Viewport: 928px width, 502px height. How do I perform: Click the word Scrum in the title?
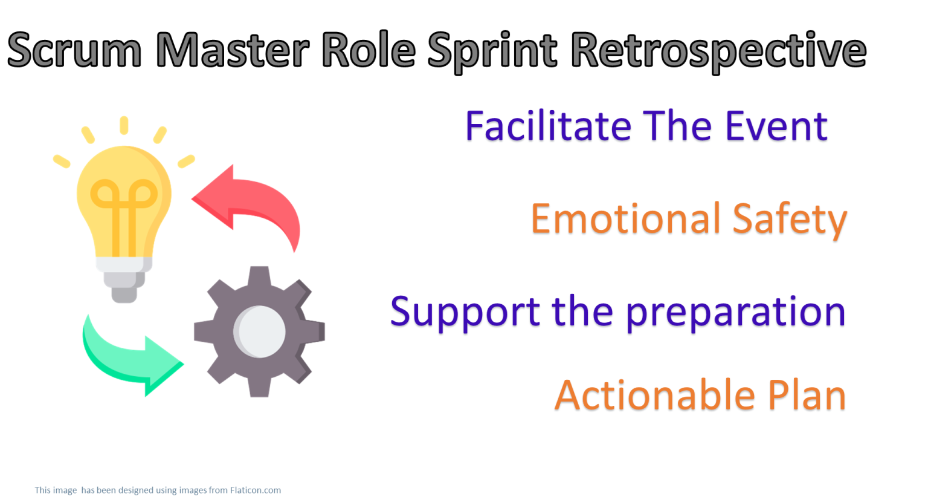(x=74, y=50)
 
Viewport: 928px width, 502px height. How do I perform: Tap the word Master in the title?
(x=233, y=50)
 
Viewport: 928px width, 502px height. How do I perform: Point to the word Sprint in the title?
(x=492, y=51)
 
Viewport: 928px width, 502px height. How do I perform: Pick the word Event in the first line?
(x=776, y=126)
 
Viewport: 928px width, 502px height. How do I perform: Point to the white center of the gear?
(x=260, y=331)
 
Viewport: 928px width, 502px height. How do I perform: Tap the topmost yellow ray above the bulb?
(x=124, y=125)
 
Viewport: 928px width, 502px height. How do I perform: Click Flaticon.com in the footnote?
(x=255, y=491)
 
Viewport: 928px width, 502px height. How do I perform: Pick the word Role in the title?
(x=369, y=50)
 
